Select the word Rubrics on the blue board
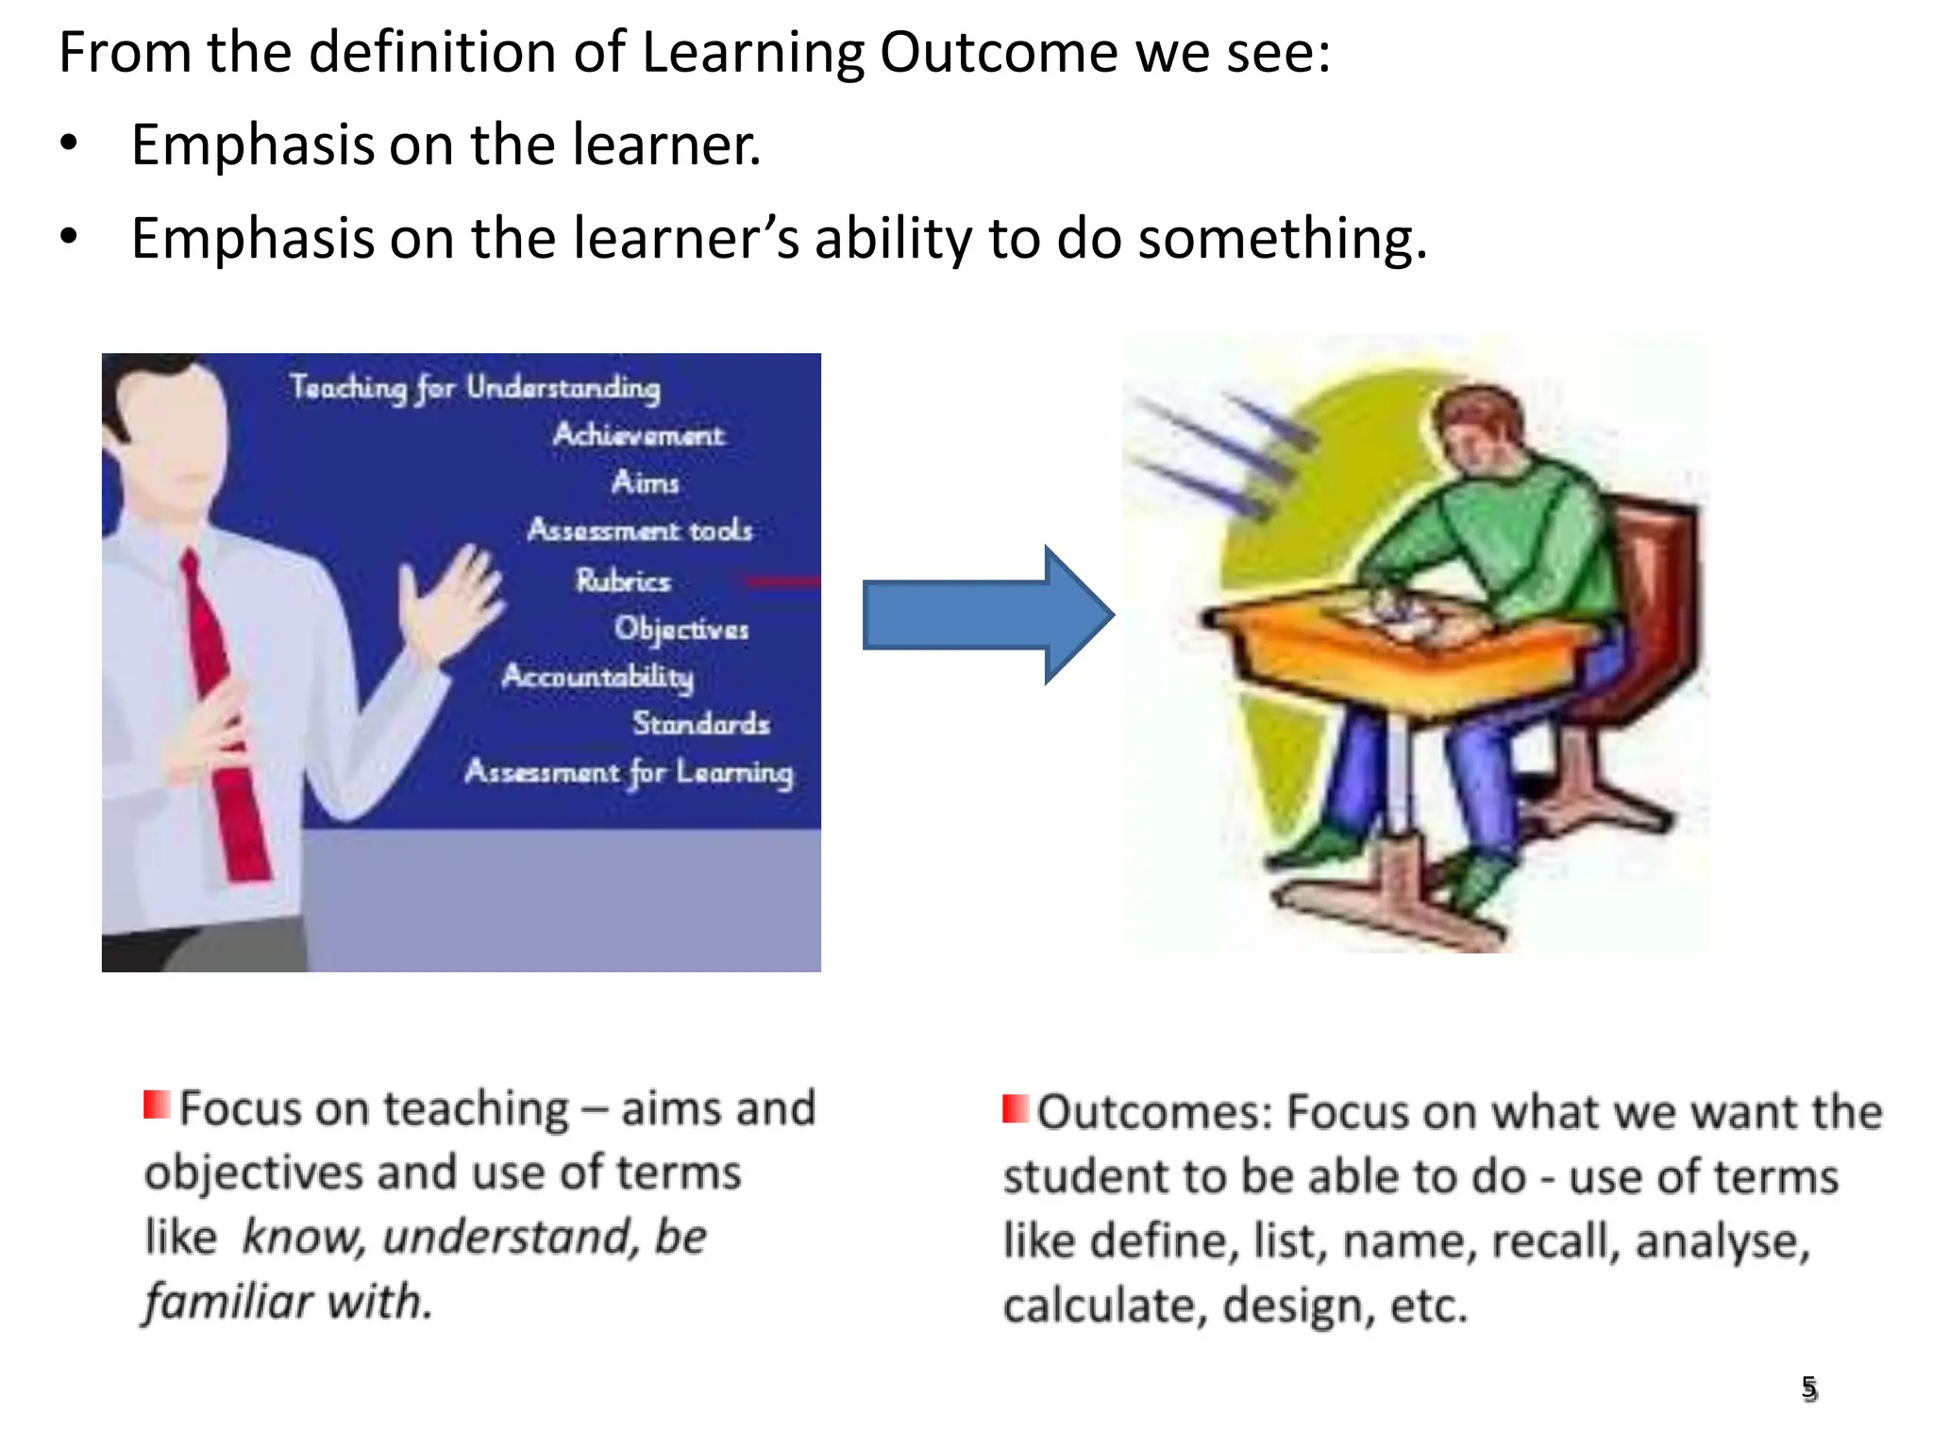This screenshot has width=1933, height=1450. point(623,580)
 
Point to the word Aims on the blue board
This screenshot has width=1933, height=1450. point(646,482)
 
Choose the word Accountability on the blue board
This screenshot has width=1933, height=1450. point(597,676)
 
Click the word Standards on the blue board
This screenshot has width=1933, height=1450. point(700,723)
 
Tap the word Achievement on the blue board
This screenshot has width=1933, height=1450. point(638,434)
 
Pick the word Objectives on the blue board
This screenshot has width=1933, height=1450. point(681,629)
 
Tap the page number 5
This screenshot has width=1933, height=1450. point(1808,1388)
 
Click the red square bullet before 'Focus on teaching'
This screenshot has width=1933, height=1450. point(157,1104)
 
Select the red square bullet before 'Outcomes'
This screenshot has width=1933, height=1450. point(1016,1108)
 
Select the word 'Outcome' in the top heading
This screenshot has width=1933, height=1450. point(997,52)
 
